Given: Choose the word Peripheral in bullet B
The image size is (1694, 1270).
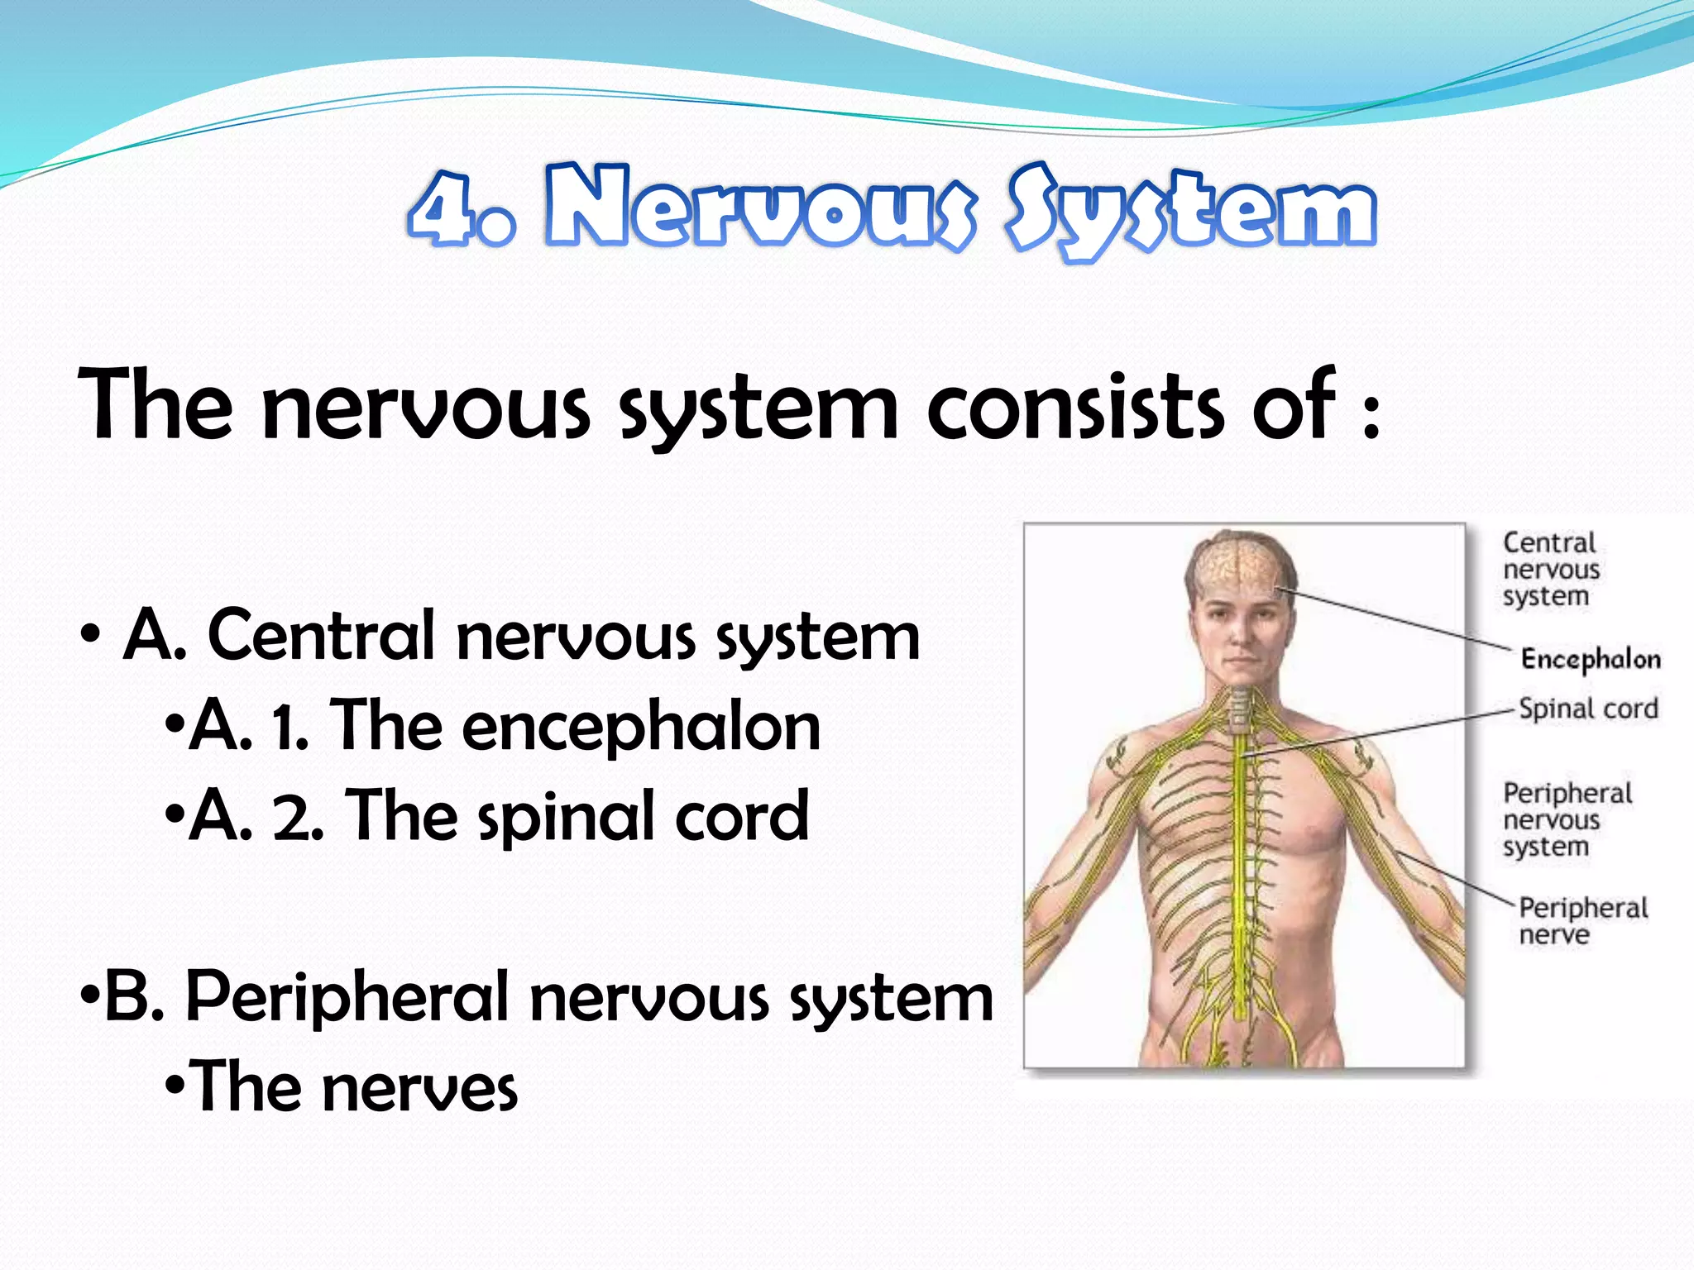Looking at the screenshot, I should pos(347,998).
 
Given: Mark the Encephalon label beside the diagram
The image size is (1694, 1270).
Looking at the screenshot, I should pos(1591,659).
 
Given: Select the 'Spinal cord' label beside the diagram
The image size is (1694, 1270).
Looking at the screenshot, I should pos(1588,709).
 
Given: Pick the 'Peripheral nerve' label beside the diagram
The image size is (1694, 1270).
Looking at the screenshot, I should pos(1582,920).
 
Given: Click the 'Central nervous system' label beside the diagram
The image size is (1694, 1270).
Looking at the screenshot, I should pos(1551,569).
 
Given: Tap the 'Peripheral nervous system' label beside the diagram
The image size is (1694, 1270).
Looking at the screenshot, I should pos(1567,819).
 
